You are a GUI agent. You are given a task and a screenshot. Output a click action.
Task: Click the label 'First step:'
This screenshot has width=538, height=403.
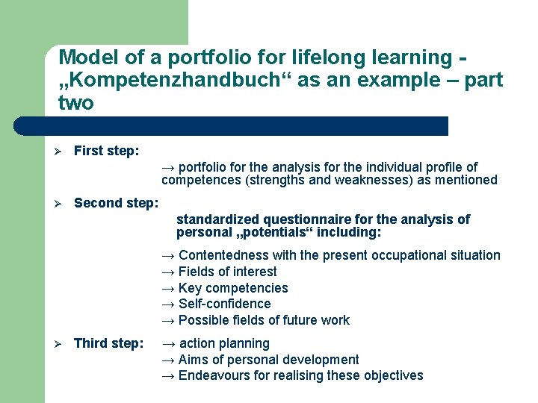pos(106,151)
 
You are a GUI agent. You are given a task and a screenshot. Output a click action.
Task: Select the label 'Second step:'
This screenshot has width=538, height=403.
pos(116,202)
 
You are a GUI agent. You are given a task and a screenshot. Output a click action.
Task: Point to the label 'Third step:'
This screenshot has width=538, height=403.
pos(108,343)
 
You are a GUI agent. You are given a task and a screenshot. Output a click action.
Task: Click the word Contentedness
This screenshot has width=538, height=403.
pos(223,255)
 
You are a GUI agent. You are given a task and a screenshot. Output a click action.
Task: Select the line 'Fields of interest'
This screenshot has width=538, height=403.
pos(227,272)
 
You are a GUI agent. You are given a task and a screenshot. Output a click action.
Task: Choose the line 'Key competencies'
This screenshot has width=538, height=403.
pos(233,288)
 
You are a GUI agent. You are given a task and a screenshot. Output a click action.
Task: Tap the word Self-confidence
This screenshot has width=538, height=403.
pos(224,304)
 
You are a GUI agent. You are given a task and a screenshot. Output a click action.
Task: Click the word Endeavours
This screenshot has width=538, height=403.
pos(211,375)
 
